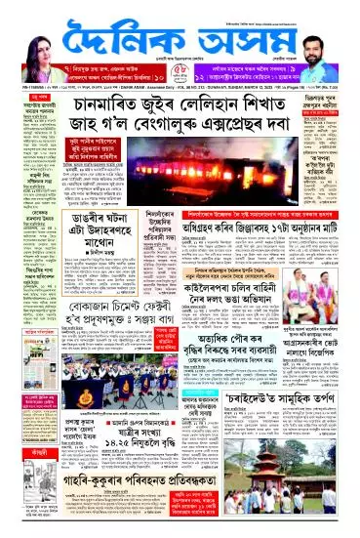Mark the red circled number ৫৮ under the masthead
pos(179,69)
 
